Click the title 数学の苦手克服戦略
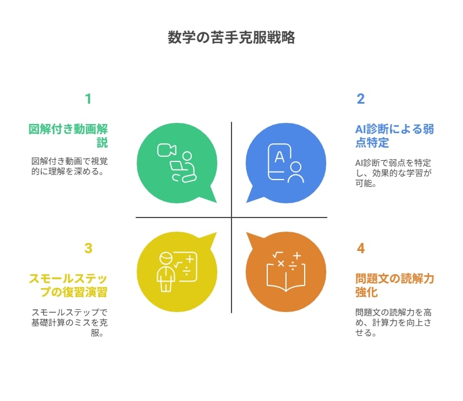point(231,37)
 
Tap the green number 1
point(88,99)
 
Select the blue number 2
point(360,99)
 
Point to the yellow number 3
point(89,248)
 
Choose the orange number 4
point(361,248)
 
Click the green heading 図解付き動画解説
point(68,135)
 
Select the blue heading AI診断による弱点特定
point(394,135)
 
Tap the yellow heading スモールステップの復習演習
point(68,285)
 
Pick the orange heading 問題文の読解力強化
point(394,285)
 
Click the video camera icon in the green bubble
point(167,150)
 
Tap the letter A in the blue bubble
point(279,157)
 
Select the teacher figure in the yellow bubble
point(166,271)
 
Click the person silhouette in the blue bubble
point(296,172)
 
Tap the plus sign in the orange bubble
point(297,255)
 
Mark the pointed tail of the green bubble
point(216,203)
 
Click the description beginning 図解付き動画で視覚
point(69,166)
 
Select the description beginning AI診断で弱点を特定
point(393,173)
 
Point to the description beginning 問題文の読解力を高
point(393,322)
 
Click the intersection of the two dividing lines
point(231,217)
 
